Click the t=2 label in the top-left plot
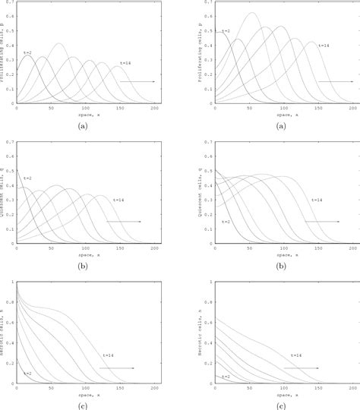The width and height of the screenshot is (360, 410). click(27, 51)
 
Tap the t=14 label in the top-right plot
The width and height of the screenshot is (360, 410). click(323, 46)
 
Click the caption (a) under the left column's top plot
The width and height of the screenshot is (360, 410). click(83, 126)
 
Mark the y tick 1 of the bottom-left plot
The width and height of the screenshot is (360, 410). click(12, 282)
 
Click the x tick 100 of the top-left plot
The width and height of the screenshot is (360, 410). click(86, 109)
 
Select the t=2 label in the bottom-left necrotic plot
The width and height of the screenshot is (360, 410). click(27, 373)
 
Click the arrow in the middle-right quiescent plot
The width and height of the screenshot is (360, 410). click(322, 222)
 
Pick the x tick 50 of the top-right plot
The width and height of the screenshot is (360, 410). click(249, 109)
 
